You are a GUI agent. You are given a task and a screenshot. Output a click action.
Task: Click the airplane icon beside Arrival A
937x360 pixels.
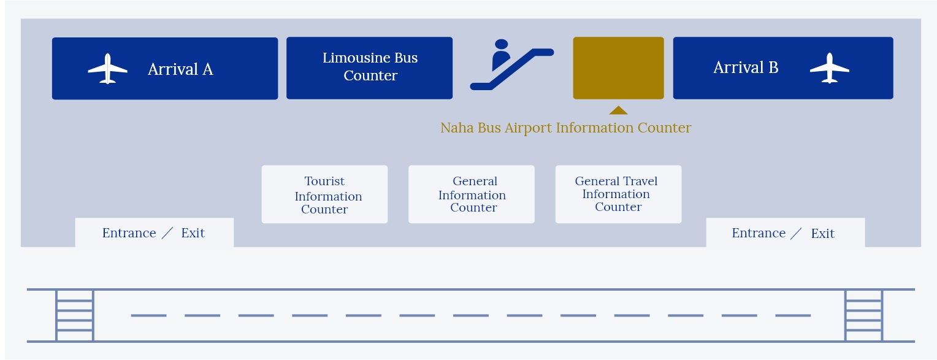(107, 69)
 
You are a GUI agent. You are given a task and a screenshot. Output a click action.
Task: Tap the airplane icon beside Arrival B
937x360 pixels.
(830, 67)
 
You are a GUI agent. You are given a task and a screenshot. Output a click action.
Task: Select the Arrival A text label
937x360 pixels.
(180, 69)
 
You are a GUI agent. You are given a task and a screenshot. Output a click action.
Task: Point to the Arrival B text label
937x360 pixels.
(746, 67)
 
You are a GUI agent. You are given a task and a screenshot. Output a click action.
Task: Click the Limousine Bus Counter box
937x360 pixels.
(369, 67)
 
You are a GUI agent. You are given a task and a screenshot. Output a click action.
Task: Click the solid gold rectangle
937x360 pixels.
(618, 67)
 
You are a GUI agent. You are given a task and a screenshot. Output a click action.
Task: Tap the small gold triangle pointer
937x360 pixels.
(618, 110)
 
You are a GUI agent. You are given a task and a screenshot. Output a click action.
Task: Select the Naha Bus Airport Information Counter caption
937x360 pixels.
(565, 128)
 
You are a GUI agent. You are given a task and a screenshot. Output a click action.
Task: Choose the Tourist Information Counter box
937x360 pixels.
(324, 194)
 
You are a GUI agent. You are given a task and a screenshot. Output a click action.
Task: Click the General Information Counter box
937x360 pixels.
(472, 194)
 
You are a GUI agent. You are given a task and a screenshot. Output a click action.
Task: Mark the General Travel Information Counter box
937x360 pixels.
(618, 194)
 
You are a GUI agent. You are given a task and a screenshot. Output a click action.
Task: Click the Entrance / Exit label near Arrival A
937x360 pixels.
(153, 233)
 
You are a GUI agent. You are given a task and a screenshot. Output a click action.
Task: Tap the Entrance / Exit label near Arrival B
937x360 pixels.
(783, 233)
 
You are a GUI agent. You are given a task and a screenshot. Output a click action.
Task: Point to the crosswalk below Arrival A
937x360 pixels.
(75, 315)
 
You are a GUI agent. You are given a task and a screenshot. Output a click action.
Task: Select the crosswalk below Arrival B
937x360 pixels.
(864, 315)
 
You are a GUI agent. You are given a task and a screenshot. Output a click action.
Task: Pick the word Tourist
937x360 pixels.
(324, 181)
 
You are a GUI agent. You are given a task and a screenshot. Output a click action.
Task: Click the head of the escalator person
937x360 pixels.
(501, 44)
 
